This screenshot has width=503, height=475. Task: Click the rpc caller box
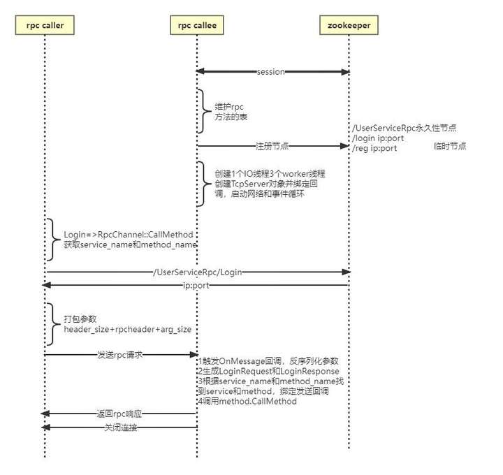pyautogui.click(x=44, y=26)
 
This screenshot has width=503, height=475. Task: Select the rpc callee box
pyautogui.click(x=196, y=26)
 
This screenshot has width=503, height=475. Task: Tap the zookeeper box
pyautogui.click(x=349, y=26)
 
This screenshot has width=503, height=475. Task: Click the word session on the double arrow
pyautogui.click(x=270, y=72)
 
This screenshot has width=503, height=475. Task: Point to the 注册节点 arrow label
pyautogui.click(x=272, y=147)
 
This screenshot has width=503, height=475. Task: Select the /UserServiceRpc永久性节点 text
pyautogui.click(x=404, y=128)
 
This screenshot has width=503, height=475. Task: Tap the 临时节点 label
pyautogui.click(x=449, y=147)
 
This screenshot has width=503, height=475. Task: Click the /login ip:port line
pyautogui.click(x=378, y=138)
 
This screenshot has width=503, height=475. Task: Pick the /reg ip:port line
pyautogui.click(x=375, y=147)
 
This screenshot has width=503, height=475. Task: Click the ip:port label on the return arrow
pyautogui.click(x=195, y=285)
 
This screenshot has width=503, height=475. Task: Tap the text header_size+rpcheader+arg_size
pyautogui.click(x=126, y=328)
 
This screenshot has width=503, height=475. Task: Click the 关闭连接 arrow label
pyautogui.click(x=120, y=427)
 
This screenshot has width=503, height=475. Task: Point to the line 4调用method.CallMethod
pyautogui.click(x=247, y=402)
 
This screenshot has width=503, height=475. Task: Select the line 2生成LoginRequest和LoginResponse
pyautogui.click(x=268, y=372)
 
